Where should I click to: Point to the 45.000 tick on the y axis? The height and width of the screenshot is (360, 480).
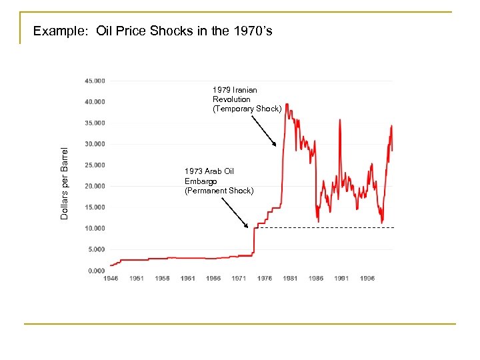pos(95,81)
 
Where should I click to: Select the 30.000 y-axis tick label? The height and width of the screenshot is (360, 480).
pos(95,144)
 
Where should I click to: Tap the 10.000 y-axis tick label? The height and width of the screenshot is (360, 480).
pos(95,228)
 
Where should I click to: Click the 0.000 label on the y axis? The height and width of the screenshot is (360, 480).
pos(97,271)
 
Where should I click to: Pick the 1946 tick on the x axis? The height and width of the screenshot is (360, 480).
pos(111,279)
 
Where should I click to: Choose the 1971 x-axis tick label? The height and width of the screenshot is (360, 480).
pos(239,279)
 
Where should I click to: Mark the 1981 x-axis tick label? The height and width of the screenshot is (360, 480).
pos(290,279)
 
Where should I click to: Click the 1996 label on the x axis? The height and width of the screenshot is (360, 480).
pos(367,279)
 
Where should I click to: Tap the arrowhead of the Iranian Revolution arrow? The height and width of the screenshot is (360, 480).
pos(275,145)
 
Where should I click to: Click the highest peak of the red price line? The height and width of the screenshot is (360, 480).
pos(287,104)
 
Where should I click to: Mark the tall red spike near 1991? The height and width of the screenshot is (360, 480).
pos(341,121)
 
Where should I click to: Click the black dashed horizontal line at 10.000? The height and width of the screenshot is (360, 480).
pos(327,228)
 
